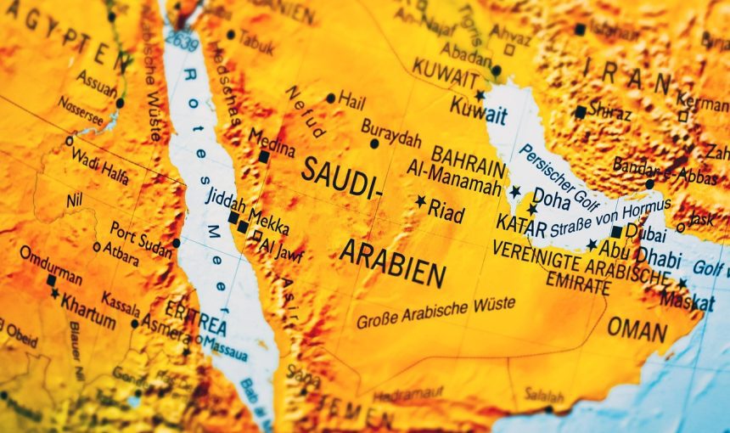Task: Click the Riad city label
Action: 446,211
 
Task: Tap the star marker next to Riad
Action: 420,201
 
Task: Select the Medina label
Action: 272,142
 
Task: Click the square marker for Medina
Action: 264,157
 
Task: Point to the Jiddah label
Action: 226,200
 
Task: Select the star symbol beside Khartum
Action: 55,294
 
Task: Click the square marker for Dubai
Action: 616,232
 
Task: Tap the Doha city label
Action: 551,200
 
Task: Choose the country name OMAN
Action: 637,329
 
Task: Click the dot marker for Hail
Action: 330,98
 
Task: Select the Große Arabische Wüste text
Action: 435,313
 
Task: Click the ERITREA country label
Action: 197,319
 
